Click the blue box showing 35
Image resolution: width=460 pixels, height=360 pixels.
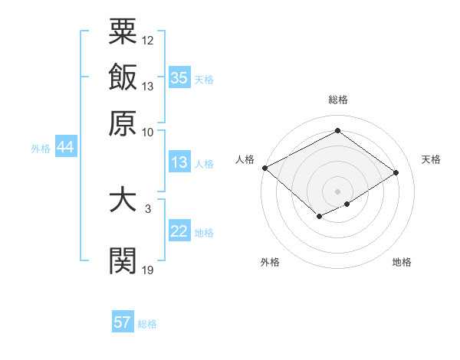pyautogui.click(x=179, y=78)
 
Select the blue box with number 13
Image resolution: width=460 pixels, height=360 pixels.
pyautogui.click(x=179, y=162)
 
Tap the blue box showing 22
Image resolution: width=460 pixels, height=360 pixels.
pyautogui.click(x=179, y=231)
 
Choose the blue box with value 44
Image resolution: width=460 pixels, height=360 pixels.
pyautogui.click(x=65, y=148)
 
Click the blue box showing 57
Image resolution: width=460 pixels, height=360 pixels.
pyautogui.click(x=122, y=322)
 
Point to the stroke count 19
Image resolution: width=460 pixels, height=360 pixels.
pyautogui.click(x=148, y=270)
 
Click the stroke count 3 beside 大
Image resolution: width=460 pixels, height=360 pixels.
pyautogui.click(x=147, y=208)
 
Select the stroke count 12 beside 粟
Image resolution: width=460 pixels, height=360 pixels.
pyautogui.click(x=148, y=40)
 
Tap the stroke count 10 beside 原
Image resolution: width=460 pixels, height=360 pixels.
pyautogui.click(x=148, y=131)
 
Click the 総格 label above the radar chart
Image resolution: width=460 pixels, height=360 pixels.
pyautogui.click(x=337, y=100)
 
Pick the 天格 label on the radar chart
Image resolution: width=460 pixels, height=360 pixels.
pyautogui.click(x=431, y=159)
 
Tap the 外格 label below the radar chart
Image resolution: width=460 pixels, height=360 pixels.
pyautogui.click(x=269, y=262)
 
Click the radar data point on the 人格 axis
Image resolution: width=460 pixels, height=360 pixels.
pyautogui.click(x=264, y=168)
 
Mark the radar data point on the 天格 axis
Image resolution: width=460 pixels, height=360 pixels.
pyautogui.click(x=396, y=173)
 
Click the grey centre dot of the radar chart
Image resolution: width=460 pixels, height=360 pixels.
pyautogui.click(x=337, y=191)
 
